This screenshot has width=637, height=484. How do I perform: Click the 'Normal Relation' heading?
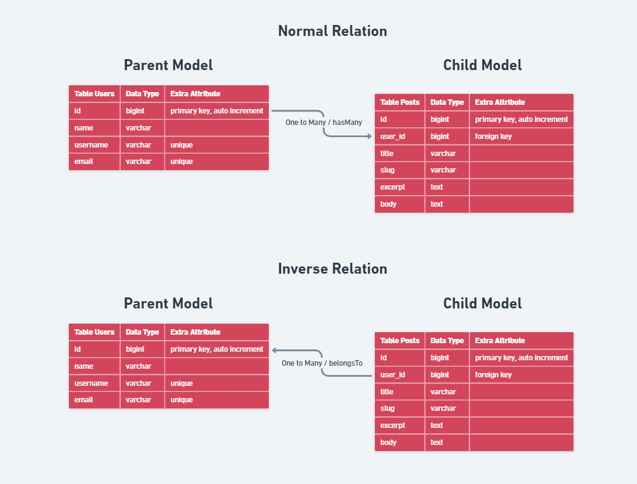coord(332,31)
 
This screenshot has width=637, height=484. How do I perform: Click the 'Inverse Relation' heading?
coord(332,269)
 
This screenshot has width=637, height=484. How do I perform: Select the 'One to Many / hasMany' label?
coord(324,123)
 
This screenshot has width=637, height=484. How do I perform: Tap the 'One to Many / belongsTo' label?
coord(322,363)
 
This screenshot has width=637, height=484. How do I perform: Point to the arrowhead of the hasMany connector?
coord(369,137)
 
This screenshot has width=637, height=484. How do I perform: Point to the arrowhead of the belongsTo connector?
coord(274,350)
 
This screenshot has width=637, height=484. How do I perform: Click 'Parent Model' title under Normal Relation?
coord(168,65)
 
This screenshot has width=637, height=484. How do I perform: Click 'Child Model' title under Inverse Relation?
coord(482,304)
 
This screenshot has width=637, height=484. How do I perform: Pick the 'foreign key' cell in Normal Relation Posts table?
coord(493,137)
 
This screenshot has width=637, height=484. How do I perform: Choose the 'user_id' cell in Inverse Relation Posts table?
coord(393,375)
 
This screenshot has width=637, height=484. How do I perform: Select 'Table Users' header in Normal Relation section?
coord(94,94)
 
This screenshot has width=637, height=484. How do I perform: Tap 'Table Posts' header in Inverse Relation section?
coord(400,341)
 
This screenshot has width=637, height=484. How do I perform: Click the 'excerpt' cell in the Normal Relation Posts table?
coord(393,187)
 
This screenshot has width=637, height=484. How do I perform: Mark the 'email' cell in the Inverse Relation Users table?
coord(84,400)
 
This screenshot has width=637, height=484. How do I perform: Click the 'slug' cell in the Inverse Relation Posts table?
coord(387,408)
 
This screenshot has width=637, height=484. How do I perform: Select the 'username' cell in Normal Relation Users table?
coord(91,145)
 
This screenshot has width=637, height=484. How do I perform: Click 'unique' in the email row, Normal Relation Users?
coord(182,162)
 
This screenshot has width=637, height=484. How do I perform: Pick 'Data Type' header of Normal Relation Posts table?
coord(447,102)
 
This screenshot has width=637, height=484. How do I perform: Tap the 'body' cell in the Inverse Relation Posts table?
coord(388,443)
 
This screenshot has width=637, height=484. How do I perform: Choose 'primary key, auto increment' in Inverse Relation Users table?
coord(216,349)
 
